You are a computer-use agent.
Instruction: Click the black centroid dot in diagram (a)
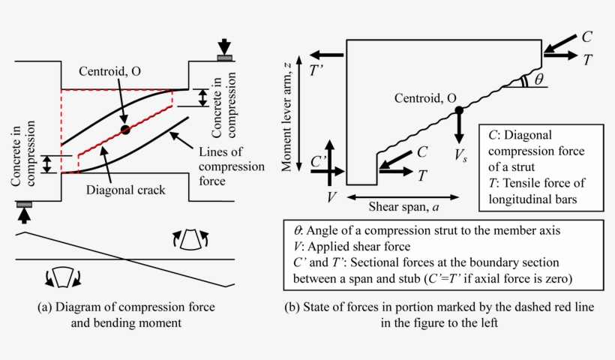click(x=125, y=129)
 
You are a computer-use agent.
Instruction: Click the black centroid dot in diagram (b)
click(x=458, y=111)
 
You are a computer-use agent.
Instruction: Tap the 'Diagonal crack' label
click(x=125, y=190)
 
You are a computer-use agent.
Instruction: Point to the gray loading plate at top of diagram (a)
click(x=225, y=57)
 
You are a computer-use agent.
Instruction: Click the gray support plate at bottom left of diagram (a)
click(x=24, y=203)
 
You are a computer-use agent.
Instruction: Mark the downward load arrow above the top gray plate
click(x=225, y=44)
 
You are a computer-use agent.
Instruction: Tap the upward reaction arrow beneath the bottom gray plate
click(x=24, y=216)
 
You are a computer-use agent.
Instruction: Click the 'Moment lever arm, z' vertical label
click(x=287, y=118)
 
